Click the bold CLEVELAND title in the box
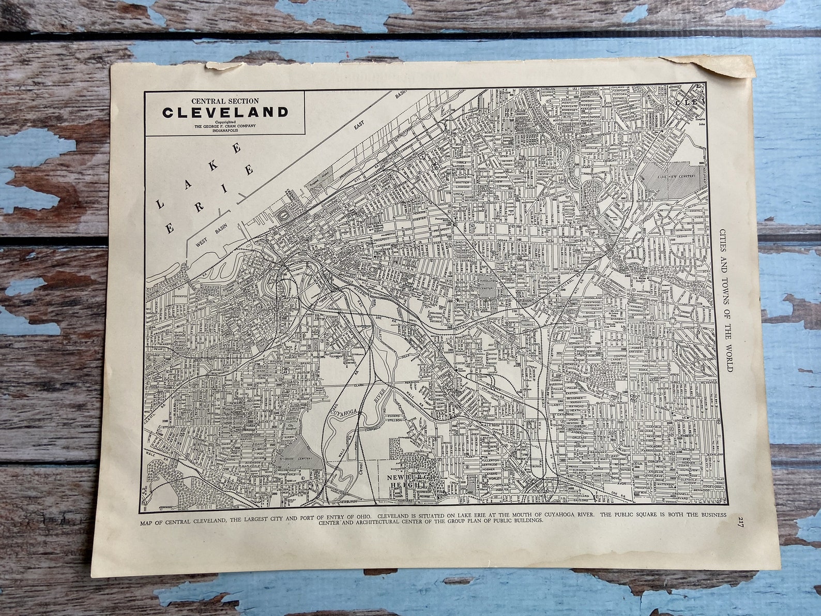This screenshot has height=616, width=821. coord(225,112)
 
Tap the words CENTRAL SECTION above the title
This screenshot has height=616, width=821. coord(225,100)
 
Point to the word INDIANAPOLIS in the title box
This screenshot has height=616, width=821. coord(225,131)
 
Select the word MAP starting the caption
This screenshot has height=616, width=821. coord(148,523)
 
